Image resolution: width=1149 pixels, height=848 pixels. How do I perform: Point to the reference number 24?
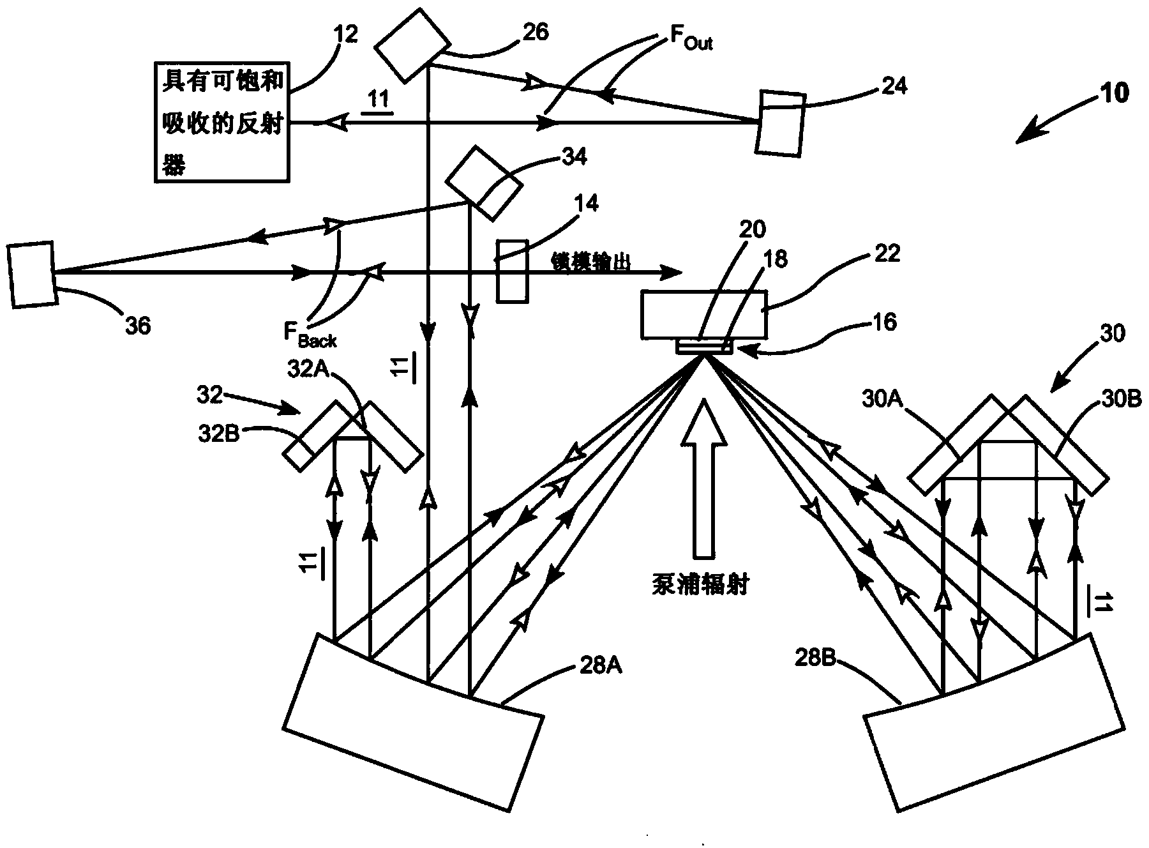coord(894,86)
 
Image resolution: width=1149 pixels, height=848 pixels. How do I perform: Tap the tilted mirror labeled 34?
coord(483,183)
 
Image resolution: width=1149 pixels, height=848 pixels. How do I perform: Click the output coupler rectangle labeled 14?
coord(513,270)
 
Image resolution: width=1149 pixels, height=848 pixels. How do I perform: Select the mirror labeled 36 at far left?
coord(31,275)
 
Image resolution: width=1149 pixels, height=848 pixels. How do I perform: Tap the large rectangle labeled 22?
coord(704,314)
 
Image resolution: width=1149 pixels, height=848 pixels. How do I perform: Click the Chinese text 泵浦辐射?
coord(700,584)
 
